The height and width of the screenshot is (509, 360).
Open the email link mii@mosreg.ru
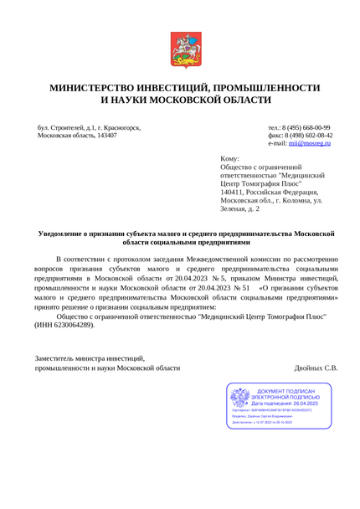[x=310, y=144]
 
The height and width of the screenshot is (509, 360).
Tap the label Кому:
[x=229, y=159]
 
